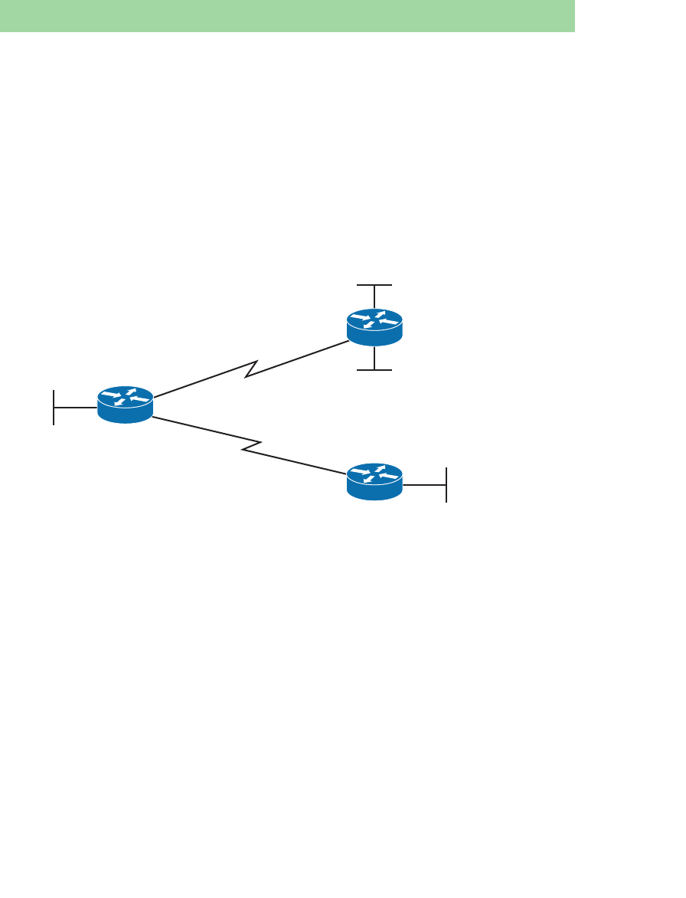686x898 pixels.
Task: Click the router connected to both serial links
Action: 126,405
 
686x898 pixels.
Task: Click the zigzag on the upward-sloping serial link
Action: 250,369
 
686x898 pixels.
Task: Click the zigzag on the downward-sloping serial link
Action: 253,445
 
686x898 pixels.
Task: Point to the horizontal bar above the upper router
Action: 374,285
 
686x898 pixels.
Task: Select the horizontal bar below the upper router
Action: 374,370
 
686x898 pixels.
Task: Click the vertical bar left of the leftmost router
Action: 54,407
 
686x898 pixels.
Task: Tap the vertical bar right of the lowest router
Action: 446,484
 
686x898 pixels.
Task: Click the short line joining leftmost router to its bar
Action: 76,407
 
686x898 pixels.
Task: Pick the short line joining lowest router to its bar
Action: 424,484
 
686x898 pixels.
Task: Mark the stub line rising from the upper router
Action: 374,297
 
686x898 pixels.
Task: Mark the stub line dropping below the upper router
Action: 374,357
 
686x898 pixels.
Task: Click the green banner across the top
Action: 287,16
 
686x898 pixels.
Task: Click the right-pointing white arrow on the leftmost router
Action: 111,395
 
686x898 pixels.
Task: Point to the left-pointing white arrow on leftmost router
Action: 139,399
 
